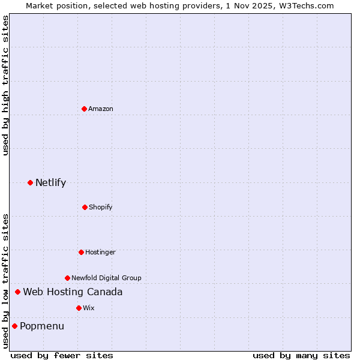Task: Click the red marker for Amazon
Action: coord(84,109)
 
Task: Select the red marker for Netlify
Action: coord(30,182)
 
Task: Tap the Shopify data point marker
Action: coord(85,207)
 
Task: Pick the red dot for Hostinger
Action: coord(81,252)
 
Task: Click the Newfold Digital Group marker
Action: coord(67,278)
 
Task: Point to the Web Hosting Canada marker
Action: coord(17,292)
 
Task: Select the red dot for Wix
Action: coord(79,308)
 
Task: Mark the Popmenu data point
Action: coord(14,326)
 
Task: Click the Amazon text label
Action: coord(101,109)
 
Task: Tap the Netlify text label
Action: coord(50,182)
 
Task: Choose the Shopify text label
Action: coord(101,207)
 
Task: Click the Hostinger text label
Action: coord(100,252)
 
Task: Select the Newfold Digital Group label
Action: coord(106,278)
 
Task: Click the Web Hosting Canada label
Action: coord(73,292)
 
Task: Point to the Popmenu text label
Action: coord(42,326)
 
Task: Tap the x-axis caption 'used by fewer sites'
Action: coord(62,355)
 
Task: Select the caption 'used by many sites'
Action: coord(301,355)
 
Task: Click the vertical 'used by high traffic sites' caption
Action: coord(5,86)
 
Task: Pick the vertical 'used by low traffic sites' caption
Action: coord(5,280)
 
